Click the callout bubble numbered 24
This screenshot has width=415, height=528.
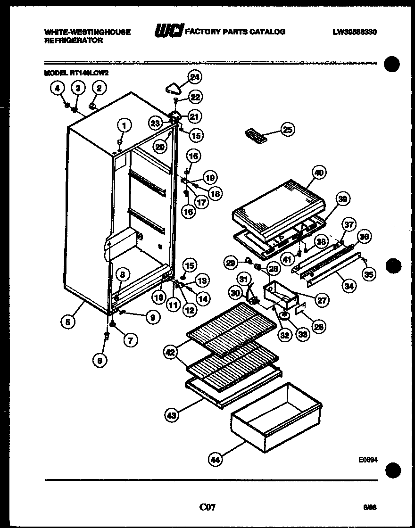click(194, 77)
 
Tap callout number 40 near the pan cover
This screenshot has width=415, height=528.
click(319, 173)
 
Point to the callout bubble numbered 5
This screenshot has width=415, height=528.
click(68, 322)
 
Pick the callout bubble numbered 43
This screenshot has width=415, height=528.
click(172, 415)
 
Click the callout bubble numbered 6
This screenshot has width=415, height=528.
click(100, 361)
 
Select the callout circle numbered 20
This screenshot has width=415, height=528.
click(160, 147)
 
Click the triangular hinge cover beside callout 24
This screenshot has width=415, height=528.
click(174, 88)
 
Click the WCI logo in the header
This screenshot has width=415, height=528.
click(169, 31)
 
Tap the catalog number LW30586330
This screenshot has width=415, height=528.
click(355, 32)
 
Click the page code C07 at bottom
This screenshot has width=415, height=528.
click(207, 507)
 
